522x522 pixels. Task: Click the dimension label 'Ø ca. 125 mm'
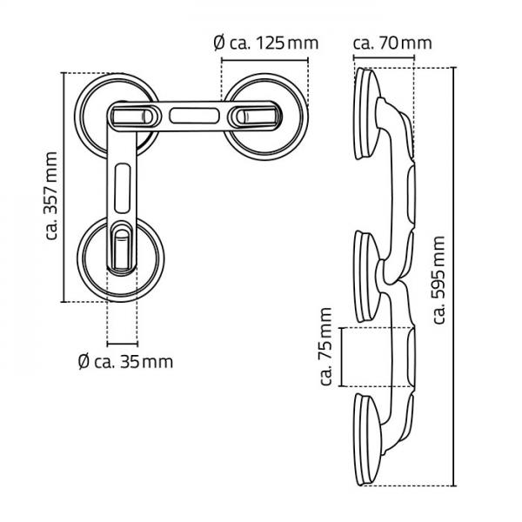tap(264, 42)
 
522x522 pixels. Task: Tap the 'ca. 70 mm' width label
tap(391, 42)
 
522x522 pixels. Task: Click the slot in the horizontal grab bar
tap(195, 114)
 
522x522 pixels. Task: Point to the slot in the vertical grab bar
tap(121, 186)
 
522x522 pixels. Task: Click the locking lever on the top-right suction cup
tap(254, 115)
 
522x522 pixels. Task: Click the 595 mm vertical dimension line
tap(454, 278)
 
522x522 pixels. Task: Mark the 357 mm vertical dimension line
tap(66, 187)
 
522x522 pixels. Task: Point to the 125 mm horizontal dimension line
tap(264, 60)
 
